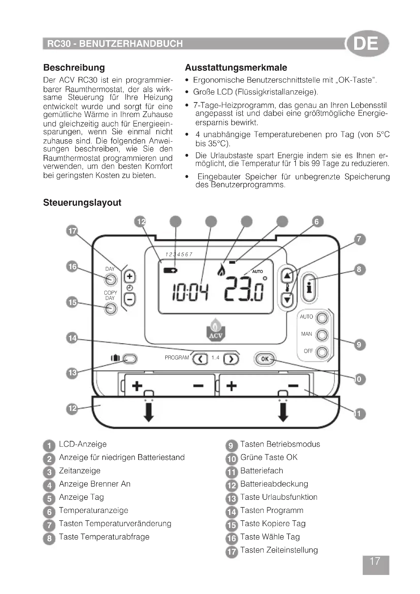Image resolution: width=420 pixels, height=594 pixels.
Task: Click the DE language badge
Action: pos(367,43)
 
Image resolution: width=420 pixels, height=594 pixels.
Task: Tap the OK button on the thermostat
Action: pos(265,359)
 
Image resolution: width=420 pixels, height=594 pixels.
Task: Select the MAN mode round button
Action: pos(322,335)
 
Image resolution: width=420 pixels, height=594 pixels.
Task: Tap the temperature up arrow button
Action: pos(287,277)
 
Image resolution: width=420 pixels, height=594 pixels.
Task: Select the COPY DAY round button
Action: pos(111,309)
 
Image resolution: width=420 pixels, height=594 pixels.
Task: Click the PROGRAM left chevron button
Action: pos(200,359)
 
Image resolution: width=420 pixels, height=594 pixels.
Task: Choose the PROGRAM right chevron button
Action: pos(231,359)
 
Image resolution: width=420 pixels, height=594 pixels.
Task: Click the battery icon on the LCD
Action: pos(170,271)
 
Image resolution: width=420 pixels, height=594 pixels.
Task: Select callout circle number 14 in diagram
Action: pos(72,338)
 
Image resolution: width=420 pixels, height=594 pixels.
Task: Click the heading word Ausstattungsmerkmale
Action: pos(236,68)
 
